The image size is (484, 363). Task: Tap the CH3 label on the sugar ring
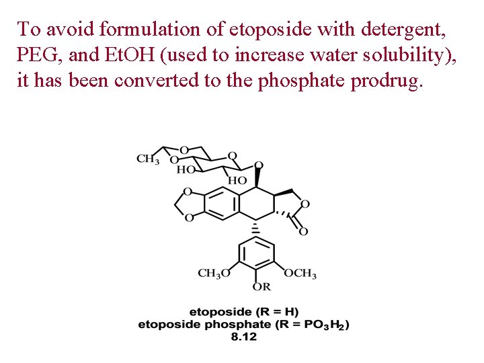(148, 159)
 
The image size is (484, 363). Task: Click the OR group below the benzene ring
(261, 287)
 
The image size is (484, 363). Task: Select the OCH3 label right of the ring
(300, 274)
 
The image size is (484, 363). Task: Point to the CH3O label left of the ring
(214, 274)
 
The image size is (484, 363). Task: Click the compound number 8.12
(244, 337)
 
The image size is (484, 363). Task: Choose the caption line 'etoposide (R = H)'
(244, 312)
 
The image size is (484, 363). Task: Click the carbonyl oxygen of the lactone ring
(303, 231)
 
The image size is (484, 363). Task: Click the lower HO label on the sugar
(237, 181)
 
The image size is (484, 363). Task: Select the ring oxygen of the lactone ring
(305, 204)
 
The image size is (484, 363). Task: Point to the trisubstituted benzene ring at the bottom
(257, 256)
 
